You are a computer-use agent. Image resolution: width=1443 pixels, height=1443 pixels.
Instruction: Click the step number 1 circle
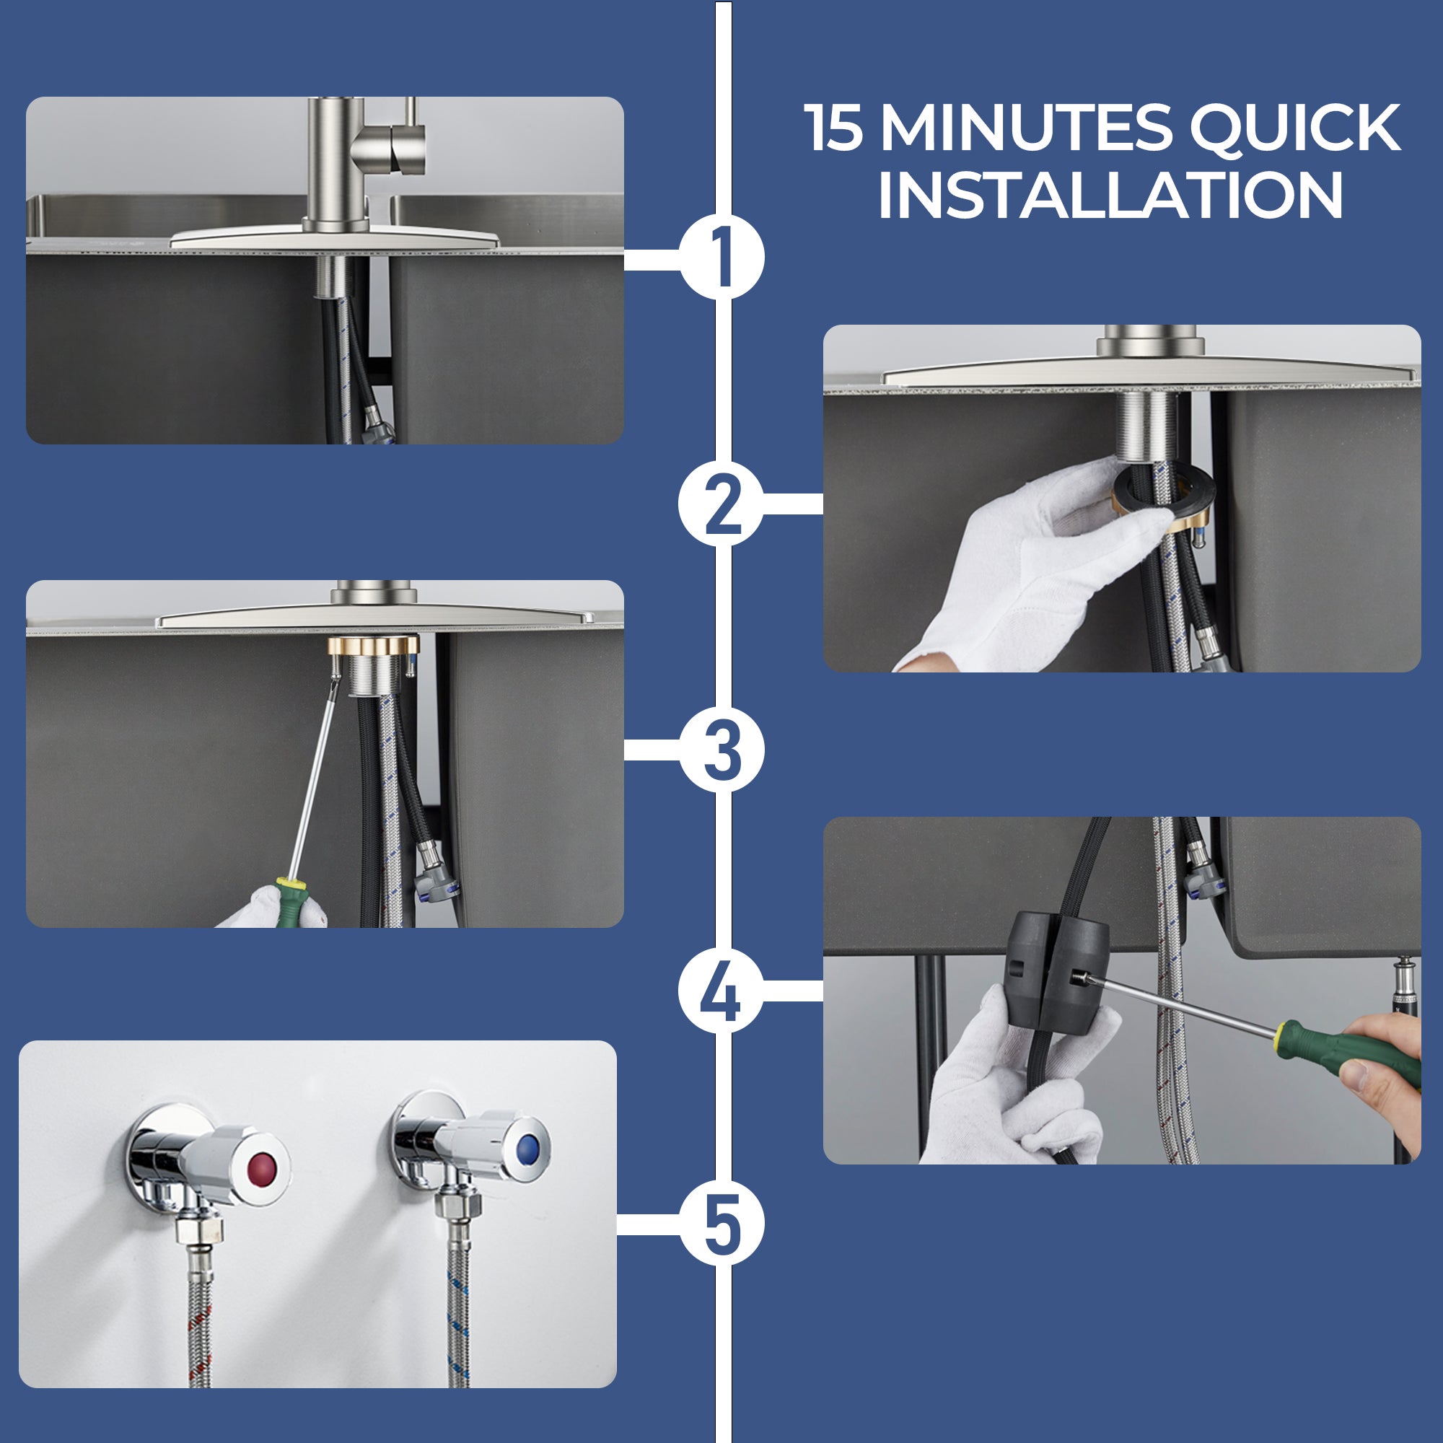(x=721, y=257)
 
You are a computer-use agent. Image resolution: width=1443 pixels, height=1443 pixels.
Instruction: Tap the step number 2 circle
(x=721, y=504)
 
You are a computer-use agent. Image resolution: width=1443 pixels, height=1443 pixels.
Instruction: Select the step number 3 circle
(x=721, y=749)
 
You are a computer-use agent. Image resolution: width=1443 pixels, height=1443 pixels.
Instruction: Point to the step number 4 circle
(x=721, y=991)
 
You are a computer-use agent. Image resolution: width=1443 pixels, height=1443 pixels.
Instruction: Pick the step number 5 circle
(x=721, y=1224)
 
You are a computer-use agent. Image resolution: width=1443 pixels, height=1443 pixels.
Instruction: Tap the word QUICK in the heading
(x=1295, y=128)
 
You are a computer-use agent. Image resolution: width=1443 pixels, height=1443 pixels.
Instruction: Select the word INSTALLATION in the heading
(x=1110, y=194)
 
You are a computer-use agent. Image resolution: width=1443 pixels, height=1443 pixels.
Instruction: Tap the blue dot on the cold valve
(x=529, y=1146)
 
